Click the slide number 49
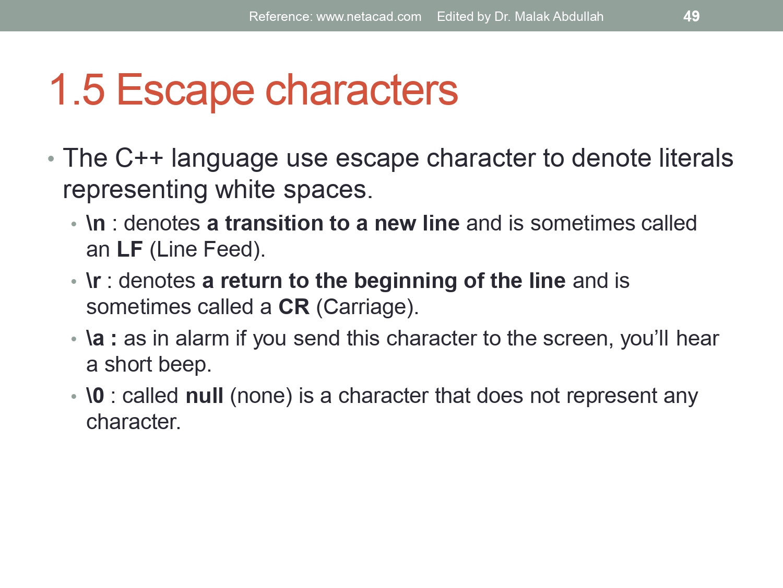[x=691, y=16]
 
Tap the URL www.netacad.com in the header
[x=369, y=17]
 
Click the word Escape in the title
[x=185, y=90]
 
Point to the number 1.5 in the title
[x=77, y=90]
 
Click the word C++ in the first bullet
[x=139, y=158]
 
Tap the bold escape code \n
[x=96, y=224]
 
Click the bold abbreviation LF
[x=129, y=250]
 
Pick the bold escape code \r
[x=93, y=281]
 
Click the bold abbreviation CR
[x=294, y=307]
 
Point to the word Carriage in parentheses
[x=365, y=307]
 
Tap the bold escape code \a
[x=96, y=339]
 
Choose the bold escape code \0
[x=96, y=396]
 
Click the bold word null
[x=205, y=396]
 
